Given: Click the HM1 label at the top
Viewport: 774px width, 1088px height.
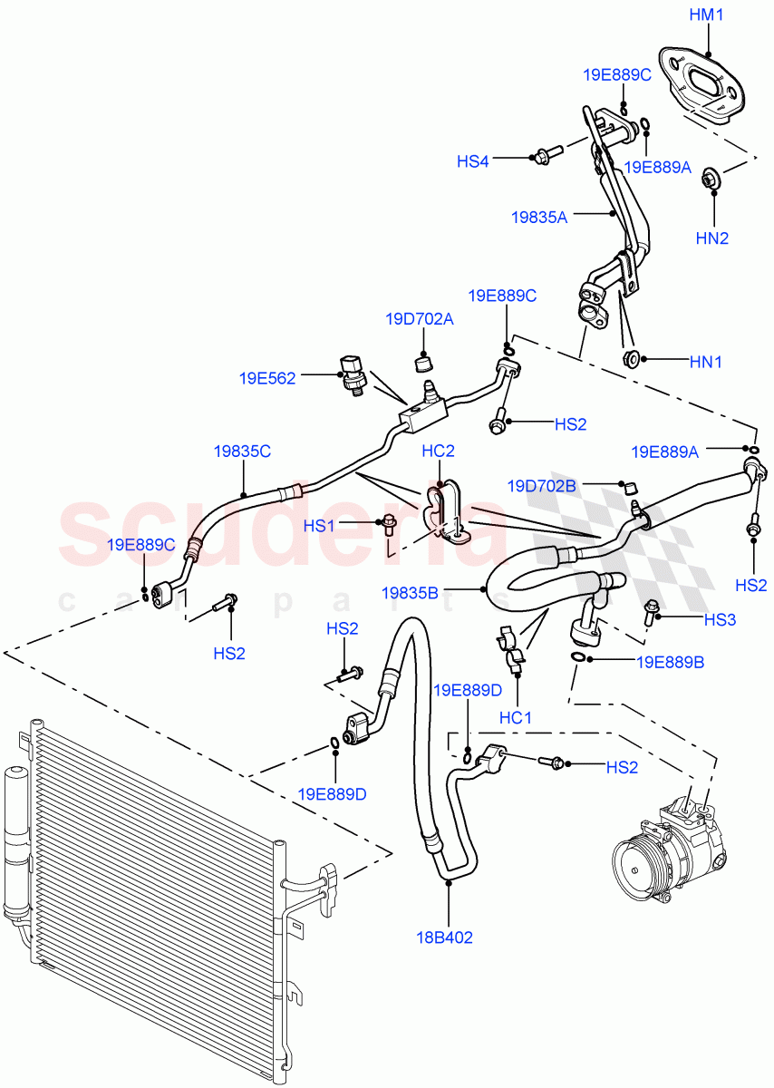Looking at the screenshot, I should (x=707, y=16).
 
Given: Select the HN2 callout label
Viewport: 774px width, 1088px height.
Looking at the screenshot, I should (x=712, y=238).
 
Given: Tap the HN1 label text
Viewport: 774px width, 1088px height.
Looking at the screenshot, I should (x=706, y=361).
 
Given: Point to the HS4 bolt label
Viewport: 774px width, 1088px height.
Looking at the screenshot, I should (x=472, y=161).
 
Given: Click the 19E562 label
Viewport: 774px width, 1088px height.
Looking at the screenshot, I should (x=267, y=379).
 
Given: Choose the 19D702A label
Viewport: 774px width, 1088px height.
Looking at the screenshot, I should (x=419, y=319).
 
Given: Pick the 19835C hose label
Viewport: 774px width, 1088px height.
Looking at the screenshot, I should (x=242, y=450).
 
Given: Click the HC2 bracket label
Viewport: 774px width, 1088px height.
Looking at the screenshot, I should (x=438, y=451).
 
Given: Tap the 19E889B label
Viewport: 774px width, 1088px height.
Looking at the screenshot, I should (x=670, y=662).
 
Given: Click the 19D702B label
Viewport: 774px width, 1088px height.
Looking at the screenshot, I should (x=542, y=486).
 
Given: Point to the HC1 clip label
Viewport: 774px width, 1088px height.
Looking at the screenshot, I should (x=515, y=717).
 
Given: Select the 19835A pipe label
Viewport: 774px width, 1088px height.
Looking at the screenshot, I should (x=538, y=217).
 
